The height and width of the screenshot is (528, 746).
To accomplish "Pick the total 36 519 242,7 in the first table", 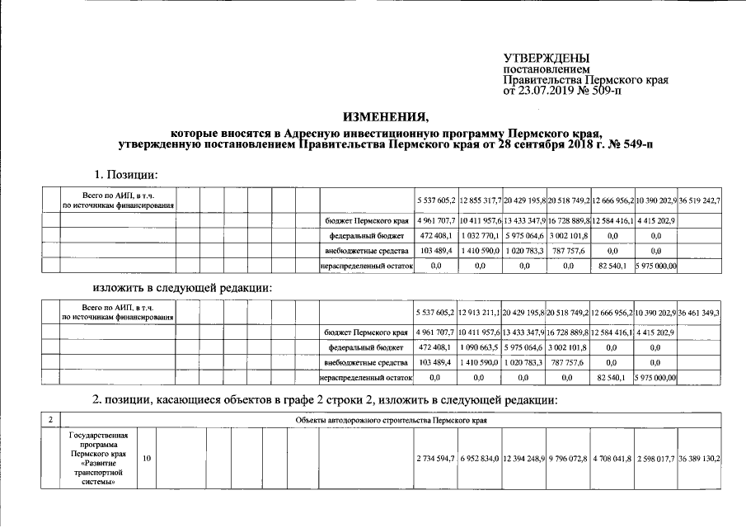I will click(700, 201).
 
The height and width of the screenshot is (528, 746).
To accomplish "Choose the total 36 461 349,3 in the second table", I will click(700, 313).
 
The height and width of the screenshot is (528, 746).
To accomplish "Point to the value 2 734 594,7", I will click(435, 458).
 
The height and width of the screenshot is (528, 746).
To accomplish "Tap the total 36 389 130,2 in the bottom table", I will click(700, 458).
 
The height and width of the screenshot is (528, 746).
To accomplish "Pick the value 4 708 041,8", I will click(612, 458).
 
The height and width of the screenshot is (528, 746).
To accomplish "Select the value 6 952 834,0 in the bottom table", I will click(480, 458).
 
